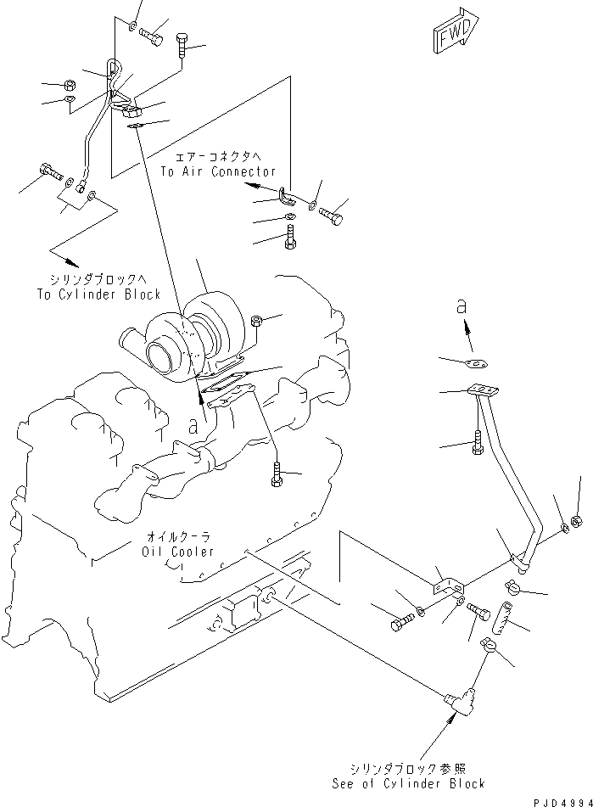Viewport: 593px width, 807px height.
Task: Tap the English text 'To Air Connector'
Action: (x=217, y=171)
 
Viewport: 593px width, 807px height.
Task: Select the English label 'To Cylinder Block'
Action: (x=98, y=294)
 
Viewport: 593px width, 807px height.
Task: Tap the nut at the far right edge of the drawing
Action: (x=576, y=520)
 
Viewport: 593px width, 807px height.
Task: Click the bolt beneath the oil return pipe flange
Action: (x=478, y=444)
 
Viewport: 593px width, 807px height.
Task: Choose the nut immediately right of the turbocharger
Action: (x=258, y=320)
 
